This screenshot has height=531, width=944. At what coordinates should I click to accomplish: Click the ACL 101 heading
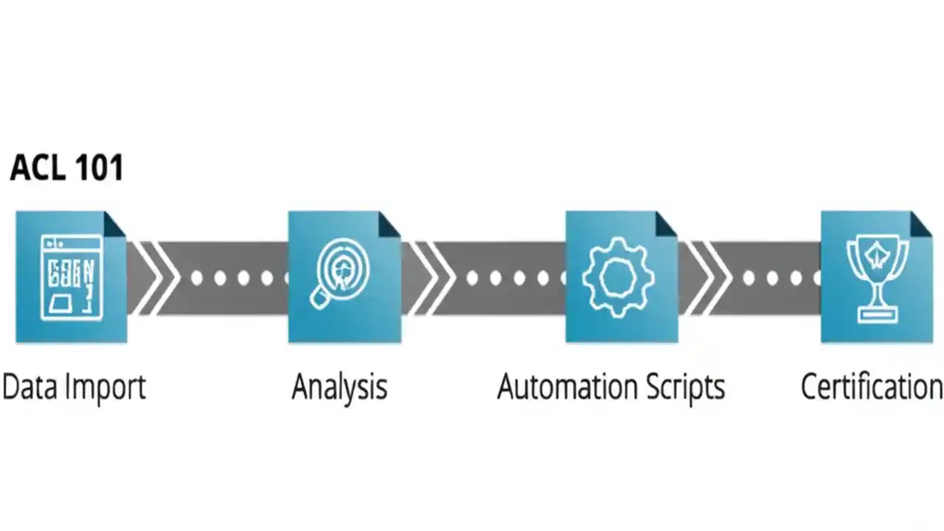coord(66,168)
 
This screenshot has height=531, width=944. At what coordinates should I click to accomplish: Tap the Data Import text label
coord(74,386)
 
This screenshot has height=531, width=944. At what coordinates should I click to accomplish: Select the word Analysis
coord(339,386)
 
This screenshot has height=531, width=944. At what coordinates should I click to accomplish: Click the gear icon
coord(618,277)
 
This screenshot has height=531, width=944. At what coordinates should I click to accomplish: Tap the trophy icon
coord(877,277)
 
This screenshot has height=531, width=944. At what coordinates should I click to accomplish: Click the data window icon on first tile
coord(71,277)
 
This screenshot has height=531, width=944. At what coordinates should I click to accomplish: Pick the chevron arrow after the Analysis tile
coord(431,277)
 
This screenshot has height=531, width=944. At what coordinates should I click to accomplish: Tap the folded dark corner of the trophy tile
coord(922,222)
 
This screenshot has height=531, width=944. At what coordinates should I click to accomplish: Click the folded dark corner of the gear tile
coord(667,222)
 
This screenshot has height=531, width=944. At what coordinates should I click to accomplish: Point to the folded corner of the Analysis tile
coord(390,222)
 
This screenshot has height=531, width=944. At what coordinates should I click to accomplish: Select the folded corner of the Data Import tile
coord(116,222)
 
